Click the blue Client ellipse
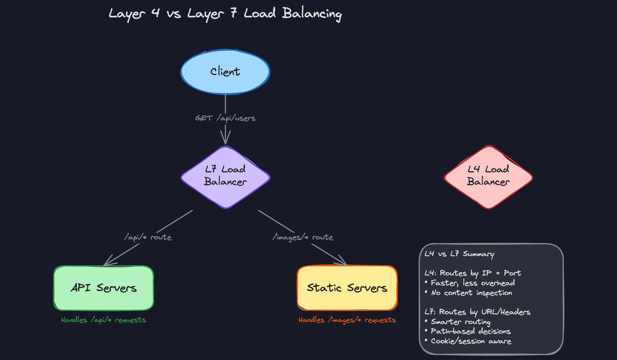(x=225, y=72)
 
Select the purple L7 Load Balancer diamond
(x=226, y=177)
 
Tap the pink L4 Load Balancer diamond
(x=488, y=177)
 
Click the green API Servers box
(x=103, y=288)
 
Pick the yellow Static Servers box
(x=347, y=288)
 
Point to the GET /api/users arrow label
(x=225, y=118)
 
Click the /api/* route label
(x=148, y=237)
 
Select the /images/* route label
(x=303, y=237)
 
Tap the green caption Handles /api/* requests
(x=103, y=320)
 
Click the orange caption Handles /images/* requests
(x=347, y=320)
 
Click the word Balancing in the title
(x=312, y=14)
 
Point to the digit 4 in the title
(x=156, y=13)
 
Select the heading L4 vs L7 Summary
(x=459, y=254)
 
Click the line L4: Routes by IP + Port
(x=472, y=273)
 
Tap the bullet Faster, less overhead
(x=472, y=283)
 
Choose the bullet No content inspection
(x=471, y=293)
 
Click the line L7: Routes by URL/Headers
(x=477, y=312)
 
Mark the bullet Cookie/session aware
(x=471, y=341)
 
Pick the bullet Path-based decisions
(x=470, y=331)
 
